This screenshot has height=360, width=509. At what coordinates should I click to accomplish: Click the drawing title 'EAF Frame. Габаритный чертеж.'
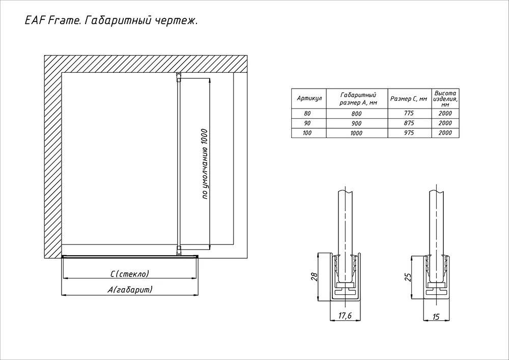point(111,21)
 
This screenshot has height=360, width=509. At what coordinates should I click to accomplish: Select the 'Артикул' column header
point(309,98)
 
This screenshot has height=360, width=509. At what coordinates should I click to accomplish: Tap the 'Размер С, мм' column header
point(409,98)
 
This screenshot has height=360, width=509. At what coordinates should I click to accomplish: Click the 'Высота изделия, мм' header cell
point(445,99)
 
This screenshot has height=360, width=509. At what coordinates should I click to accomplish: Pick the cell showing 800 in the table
point(356,114)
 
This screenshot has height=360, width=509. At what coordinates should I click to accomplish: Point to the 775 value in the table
point(409,113)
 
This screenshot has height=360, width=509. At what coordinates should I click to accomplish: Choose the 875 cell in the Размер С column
point(409,123)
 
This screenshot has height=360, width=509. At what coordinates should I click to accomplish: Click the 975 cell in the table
point(409,132)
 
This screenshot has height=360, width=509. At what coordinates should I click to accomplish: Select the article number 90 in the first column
point(307,123)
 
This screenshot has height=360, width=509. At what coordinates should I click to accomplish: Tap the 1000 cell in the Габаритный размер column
point(356,133)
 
